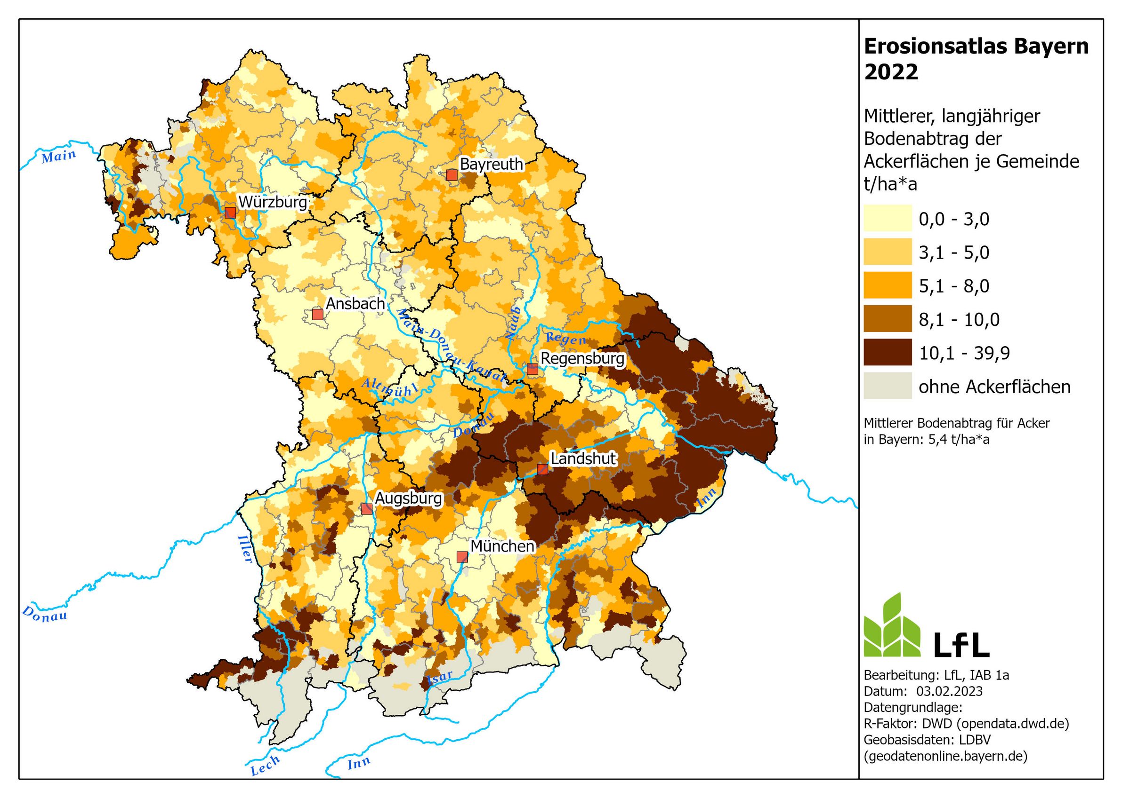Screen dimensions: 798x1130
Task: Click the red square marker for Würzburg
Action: (x=230, y=213)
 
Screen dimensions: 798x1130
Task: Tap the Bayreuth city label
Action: (x=491, y=164)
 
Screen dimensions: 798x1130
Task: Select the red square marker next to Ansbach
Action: (x=317, y=314)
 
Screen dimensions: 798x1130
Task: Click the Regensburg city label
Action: (x=582, y=358)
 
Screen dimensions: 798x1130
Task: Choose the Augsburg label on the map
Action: (x=409, y=498)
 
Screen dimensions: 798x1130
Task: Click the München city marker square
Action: (x=461, y=557)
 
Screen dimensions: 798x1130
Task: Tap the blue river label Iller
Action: (x=245, y=548)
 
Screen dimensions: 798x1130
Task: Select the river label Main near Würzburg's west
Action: (x=58, y=157)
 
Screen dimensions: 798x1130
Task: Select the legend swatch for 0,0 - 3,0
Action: (x=888, y=218)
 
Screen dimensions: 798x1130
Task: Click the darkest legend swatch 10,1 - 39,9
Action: (x=888, y=352)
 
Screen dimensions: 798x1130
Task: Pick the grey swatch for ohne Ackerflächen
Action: (x=888, y=386)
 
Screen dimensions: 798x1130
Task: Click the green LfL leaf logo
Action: (x=892, y=626)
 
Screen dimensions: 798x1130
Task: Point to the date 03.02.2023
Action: (x=949, y=691)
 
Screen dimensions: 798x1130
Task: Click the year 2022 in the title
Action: (x=891, y=72)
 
